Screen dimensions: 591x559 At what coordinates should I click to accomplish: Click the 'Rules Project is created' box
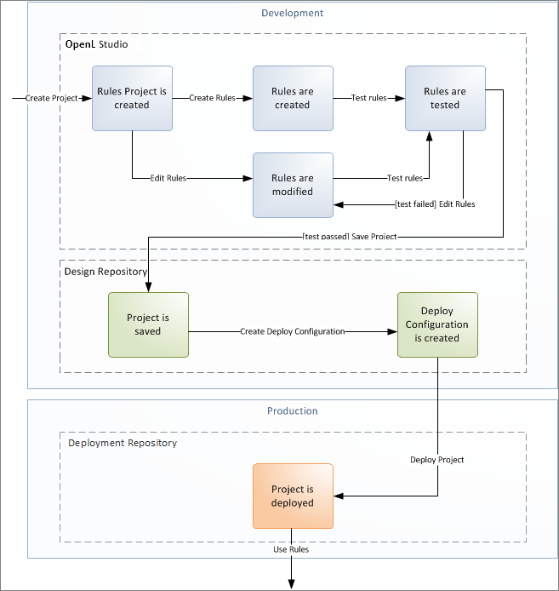pyautogui.click(x=132, y=98)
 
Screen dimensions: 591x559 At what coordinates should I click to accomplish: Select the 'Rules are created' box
pyautogui.click(x=292, y=98)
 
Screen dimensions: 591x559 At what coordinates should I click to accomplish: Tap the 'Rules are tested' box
pyautogui.click(x=445, y=98)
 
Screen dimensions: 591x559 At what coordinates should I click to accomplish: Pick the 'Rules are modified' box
pyautogui.click(x=292, y=185)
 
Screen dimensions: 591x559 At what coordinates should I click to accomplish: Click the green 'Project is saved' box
pyautogui.click(x=148, y=324)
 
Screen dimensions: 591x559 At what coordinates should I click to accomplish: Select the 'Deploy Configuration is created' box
pyautogui.click(x=437, y=324)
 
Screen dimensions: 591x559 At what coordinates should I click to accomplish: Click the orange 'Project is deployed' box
pyautogui.click(x=292, y=496)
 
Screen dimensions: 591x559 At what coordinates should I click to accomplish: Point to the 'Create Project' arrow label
pyautogui.click(x=51, y=98)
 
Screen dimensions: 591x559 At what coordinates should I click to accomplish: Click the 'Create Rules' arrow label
pyautogui.click(x=213, y=98)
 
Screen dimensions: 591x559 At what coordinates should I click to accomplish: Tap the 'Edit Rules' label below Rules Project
pyautogui.click(x=168, y=178)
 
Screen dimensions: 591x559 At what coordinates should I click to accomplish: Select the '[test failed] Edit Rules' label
pyautogui.click(x=435, y=204)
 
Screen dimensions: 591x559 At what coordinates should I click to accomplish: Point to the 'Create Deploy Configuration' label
pyautogui.click(x=292, y=331)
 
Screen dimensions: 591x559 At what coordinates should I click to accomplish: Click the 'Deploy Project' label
pyautogui.click(x=437, y=460)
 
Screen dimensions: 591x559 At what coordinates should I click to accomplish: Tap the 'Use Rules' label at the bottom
pyautogui.click(x=292, y=549)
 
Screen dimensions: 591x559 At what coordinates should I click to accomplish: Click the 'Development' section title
pyautogui.click(x=292, y=13)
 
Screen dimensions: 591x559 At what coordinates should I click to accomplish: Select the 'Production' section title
pyautogui.click(x=292, y=410)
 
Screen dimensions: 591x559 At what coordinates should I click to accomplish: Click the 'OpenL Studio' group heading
pyautogui.click(x=96, y=44)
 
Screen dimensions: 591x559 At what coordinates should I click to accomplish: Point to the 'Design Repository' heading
pyautogui.click(x=106, y=271)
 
